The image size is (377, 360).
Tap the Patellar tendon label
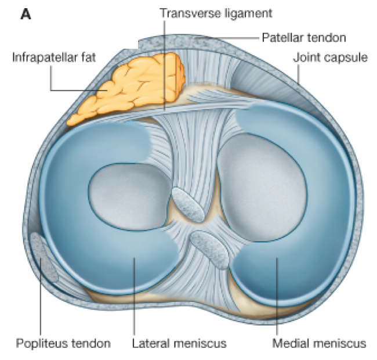[x=304, y=38]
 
